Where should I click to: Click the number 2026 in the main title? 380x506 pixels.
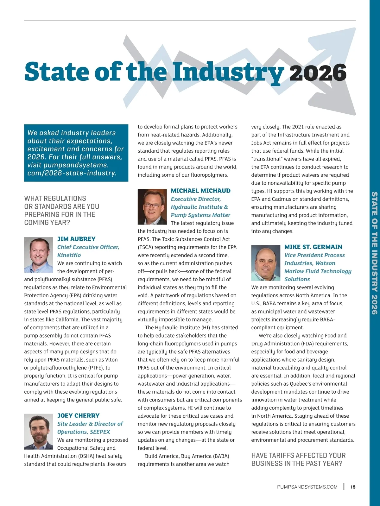tap(318, 73)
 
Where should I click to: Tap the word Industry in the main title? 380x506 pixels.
tap(228, 72)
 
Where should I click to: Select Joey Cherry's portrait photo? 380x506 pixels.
tap(39, 431)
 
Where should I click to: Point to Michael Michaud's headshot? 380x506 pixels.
tap(152, 207)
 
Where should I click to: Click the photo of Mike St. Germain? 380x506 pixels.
tap(266, 263)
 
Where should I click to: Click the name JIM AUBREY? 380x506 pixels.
tap(76, 239)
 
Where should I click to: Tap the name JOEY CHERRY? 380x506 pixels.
tap(78, 415)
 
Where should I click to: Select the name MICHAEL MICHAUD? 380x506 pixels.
tap(200, 191)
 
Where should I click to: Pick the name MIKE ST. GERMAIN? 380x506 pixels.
tap(313, 247)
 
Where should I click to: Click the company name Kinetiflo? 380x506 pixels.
tap(69, 255)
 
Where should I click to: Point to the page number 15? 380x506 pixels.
tap(353, 487)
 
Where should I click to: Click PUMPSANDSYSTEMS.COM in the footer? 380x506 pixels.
tap(307, 487)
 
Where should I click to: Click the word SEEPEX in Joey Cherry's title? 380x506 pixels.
tap(100, 432)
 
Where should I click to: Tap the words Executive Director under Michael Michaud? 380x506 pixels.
tap(196, 199)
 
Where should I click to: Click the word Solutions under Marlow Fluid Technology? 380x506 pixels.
tap(297, 279)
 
